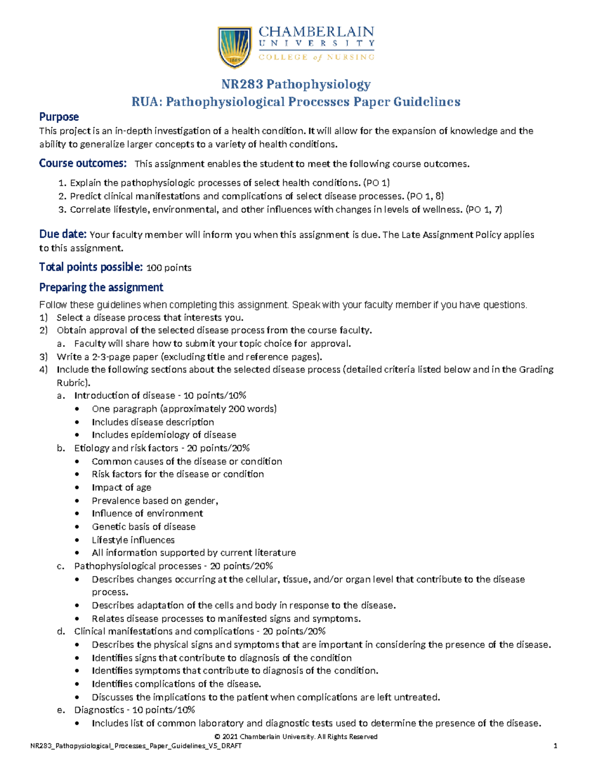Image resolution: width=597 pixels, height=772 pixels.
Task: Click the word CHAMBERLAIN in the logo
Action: [x=316, y=32]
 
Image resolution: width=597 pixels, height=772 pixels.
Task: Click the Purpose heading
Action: [x=59, y=117]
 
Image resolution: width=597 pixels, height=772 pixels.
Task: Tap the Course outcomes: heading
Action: [x=83, y=164]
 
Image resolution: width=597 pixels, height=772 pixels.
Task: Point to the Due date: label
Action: [x=63, y=234]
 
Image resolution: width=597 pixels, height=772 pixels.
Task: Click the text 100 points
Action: [x=169, y=268]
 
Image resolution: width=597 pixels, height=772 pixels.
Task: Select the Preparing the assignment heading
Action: [x=101, y=287]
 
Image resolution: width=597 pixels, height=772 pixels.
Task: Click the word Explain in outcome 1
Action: [x=85, y=183]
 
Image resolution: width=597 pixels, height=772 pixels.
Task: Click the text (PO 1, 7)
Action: [x=483, y=210]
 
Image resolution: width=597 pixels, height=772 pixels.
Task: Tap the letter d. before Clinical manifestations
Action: [x=61, y=632]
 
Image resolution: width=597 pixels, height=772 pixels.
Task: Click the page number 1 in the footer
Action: [x=555, y=746]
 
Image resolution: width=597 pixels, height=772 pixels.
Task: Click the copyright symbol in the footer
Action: [x=217, y=737]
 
